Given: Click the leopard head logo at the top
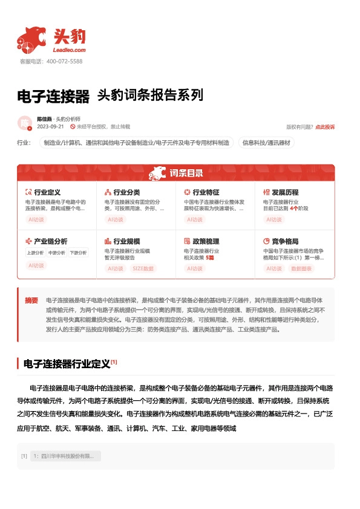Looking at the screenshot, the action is tap(32, 39).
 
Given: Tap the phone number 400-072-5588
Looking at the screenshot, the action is tap(64, 62).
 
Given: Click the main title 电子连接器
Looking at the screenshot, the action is tap(53, 96).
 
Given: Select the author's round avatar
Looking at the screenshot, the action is tap(24, 123).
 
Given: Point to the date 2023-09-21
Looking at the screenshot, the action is tap(51, 127).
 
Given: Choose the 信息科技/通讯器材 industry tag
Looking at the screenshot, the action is tap(266, 143).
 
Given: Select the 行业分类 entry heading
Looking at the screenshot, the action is tap(126, 192).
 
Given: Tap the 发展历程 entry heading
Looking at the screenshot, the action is tap(285, 192).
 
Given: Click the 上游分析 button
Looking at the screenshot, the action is tap(34, 253).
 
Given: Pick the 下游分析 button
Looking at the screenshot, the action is tap(78, 253).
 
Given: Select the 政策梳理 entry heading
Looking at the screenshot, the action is tap(206, 241).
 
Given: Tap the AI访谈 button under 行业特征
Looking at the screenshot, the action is tap(195, 220).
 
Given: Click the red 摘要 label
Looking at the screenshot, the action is tap(31, 300).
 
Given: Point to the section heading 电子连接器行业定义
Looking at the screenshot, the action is tap(67, 364).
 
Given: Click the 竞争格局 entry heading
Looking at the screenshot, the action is tap(285, 241).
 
